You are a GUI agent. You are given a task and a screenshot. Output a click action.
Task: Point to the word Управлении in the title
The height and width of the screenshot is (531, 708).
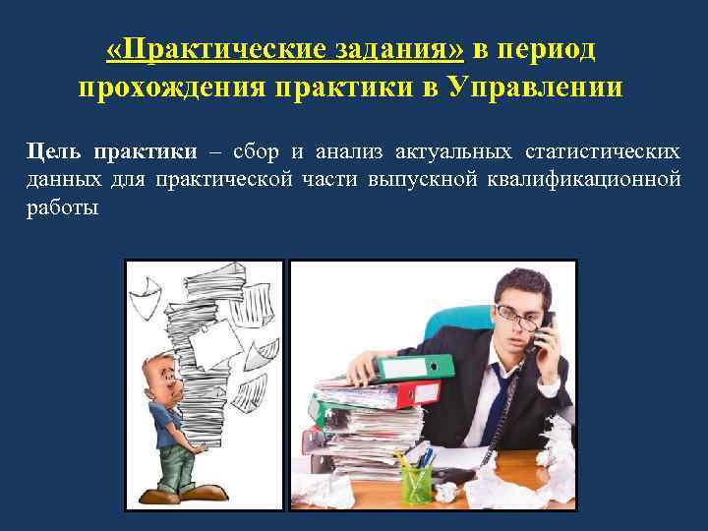pyautogui.click(x=535, y=88)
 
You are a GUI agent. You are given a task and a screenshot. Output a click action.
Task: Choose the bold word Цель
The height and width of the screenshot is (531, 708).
pyautogui.click(x=54, y=152)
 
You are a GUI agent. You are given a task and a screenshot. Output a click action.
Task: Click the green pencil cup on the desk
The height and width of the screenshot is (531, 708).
pyautogui.click(x=415, y=482)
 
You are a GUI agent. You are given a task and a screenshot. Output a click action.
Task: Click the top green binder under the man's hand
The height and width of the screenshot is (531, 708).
pyautogui.click(x=405, y=369)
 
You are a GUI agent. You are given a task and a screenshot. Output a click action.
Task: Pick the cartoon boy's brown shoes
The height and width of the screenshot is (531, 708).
pyautogui.click(x=177, y=497)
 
